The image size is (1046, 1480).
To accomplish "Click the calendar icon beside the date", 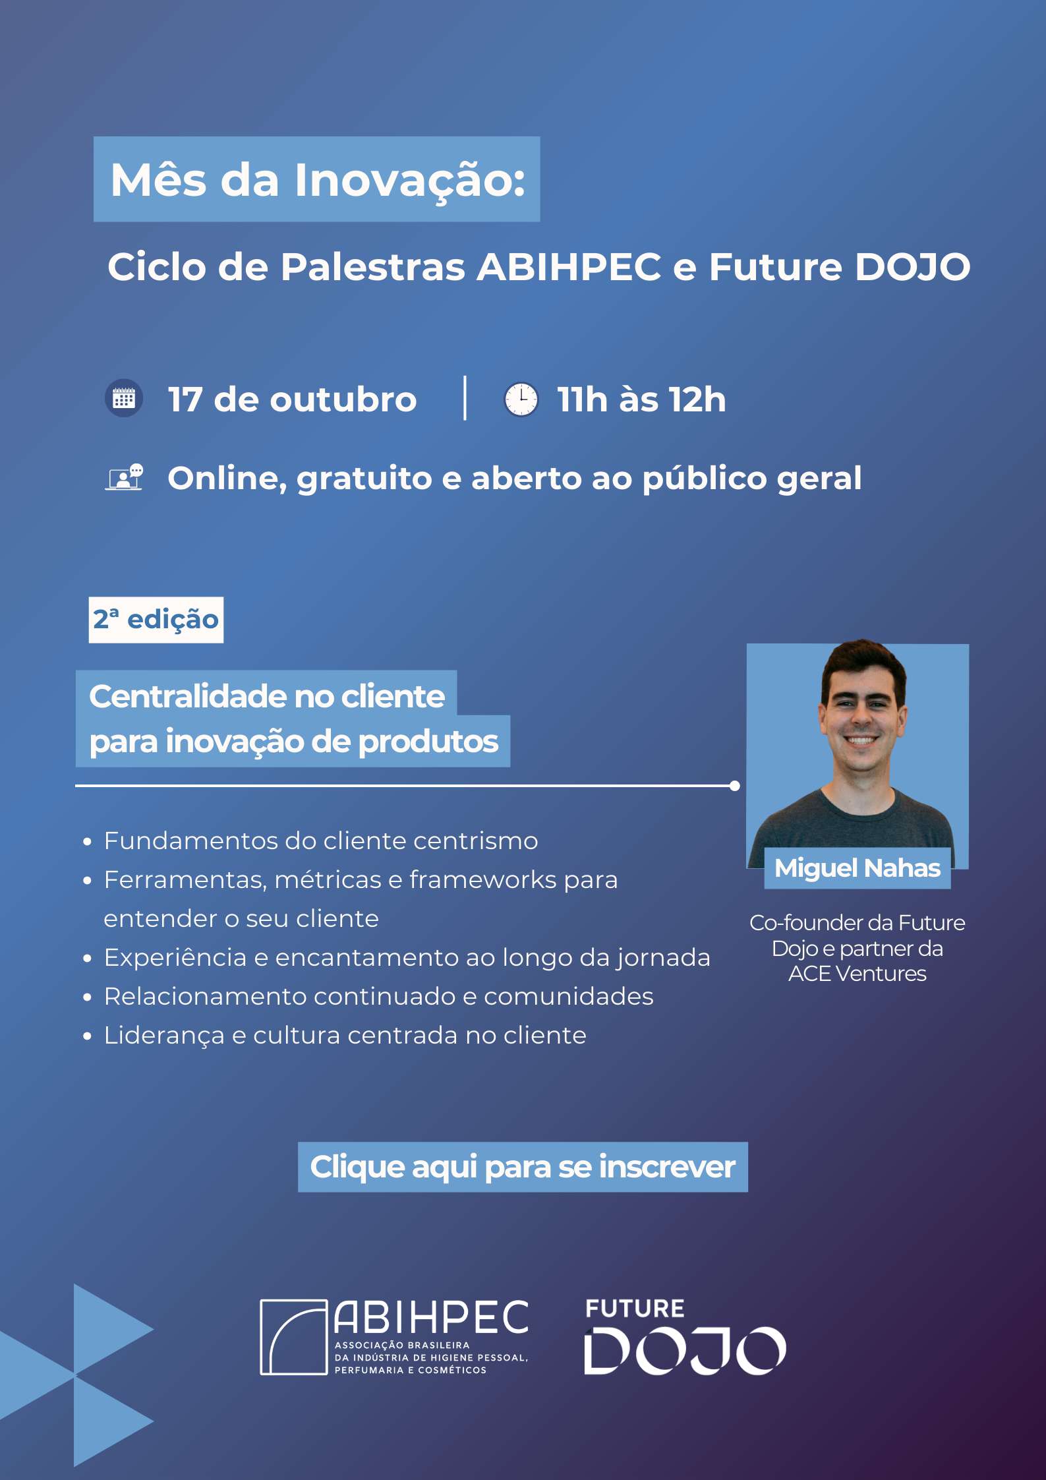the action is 124,398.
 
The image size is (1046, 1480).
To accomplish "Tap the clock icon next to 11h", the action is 521,399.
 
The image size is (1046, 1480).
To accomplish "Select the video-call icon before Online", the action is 124,477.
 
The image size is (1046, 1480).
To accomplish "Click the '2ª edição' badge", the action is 156,620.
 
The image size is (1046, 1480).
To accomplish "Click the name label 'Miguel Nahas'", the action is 857,868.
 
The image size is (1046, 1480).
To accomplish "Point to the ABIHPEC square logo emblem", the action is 294,1337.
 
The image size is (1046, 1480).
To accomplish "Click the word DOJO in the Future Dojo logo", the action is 685,1351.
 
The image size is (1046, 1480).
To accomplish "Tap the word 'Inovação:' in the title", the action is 410,179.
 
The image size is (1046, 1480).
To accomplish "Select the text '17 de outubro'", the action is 292,400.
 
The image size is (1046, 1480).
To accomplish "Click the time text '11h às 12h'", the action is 641,400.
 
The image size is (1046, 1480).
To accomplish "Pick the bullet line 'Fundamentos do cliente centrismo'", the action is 321,841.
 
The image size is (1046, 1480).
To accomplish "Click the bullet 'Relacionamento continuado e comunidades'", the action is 378,997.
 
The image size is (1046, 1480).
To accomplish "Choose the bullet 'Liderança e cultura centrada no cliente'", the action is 345,1036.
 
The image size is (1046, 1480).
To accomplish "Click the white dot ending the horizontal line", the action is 735,786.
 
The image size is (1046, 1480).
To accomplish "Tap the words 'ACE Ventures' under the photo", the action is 857,974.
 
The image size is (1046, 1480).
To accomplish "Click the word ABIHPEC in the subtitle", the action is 569,267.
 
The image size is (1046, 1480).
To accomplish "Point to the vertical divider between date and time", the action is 465,398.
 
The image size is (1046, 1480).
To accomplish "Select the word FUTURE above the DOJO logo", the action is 635,1309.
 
